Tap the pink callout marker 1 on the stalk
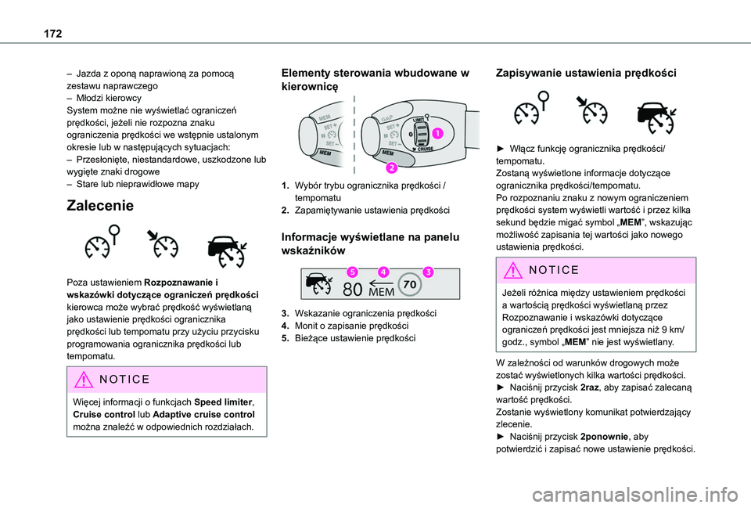[x=438, y=133]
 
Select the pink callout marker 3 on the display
[x=427, y=272]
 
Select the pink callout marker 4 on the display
[x=383, y=272]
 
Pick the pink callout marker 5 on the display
[x=353, y=272]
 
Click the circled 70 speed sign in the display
[x=411, y=286]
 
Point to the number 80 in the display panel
[x=353, y=290]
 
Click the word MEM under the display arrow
[x=381, y=293]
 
